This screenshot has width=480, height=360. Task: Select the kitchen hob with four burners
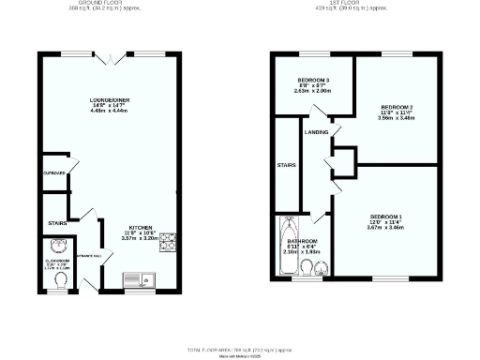tap(168, 242)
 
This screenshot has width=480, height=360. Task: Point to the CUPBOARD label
tap(53, 173)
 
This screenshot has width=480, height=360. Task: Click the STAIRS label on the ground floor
tap(56, 222)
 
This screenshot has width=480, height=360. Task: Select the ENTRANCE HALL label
tap(89, 254)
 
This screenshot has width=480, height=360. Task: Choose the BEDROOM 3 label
tap(312, 78)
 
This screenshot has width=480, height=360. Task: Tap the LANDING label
tap(316, 132)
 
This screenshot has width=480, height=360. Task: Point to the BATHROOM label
tap(303, 240)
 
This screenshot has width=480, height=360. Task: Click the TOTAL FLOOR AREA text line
tap(240, 349)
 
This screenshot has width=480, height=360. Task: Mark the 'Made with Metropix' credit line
tap(240, 355)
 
